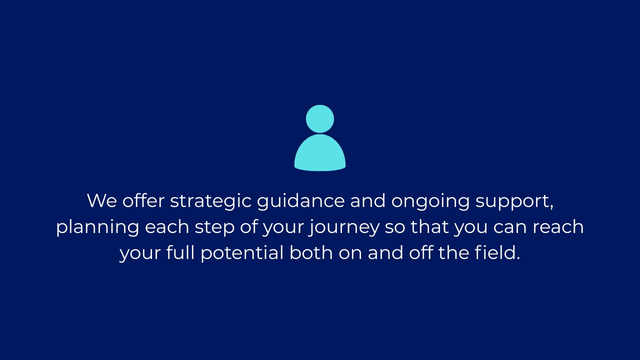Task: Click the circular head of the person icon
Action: point(320,119)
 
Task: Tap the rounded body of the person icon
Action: point(320,153)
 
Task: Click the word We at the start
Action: point(102,200)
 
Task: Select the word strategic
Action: point(210,201)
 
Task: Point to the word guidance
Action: point(301,201)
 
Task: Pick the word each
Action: point(167,227)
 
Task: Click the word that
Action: point(430,227)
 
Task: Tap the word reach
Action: point(558,227)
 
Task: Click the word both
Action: point(311,252)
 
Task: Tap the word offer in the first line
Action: point(143,200)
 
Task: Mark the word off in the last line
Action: point(421,252)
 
